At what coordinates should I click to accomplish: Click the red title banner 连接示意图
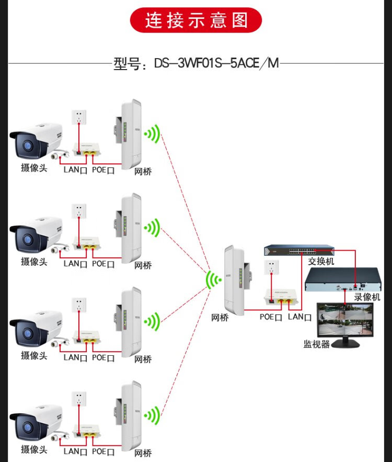pyautogui.click(x=196, y=20)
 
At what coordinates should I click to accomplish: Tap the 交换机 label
pyautogui.click(x=321, y=261)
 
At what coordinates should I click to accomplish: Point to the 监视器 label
pyautogui.click(x=317, y=344)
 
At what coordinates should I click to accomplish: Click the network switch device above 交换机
pyautogui.click(x=298, y=250)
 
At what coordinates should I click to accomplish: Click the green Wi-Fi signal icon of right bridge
pyautogui.click(x=213, y=280)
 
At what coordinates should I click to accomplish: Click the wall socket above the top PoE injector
pyautogui.click(x=79, y=118)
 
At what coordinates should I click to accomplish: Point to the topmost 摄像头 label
pyautogui.click(x=34, y=168)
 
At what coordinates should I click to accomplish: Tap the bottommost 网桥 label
pyautogui.click(x=143, y=453)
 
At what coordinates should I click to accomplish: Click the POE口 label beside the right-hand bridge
pyautogui.click(x=271, y=317)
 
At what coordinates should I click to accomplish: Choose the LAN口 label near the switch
pyautogui.click(x=299, y=317)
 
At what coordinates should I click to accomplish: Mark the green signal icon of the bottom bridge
pyautogui.click(x=152, y=416)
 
